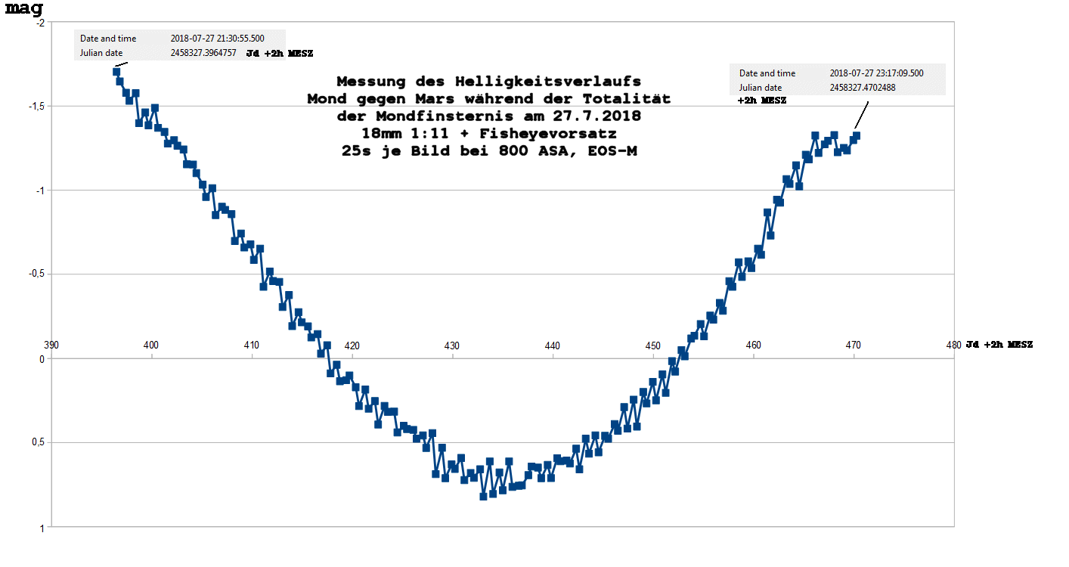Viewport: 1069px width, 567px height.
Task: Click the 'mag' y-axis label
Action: point(23,9)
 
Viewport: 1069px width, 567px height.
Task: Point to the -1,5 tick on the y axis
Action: point(34,107)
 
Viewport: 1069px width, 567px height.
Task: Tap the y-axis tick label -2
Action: point(39,23)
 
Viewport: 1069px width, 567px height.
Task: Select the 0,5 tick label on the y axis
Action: point(36,443)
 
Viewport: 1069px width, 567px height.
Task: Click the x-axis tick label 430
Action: point(452,345)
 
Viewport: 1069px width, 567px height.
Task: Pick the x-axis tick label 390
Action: point(51,345)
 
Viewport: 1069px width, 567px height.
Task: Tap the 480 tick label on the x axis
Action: point(953,345)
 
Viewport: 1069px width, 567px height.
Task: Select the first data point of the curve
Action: point(116,72)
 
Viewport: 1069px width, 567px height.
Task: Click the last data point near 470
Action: point(857,136)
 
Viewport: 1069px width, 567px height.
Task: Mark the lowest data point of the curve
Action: point(483,496)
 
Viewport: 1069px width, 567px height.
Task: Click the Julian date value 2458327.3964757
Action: point(203,54)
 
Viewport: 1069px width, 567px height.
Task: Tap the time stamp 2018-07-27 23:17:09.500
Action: point(876,73)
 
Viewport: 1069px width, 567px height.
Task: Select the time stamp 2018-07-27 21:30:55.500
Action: point(217,39)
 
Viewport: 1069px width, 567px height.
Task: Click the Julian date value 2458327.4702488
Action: point(863,88)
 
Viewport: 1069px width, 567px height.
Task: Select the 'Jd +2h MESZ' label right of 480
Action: point(999,345)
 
